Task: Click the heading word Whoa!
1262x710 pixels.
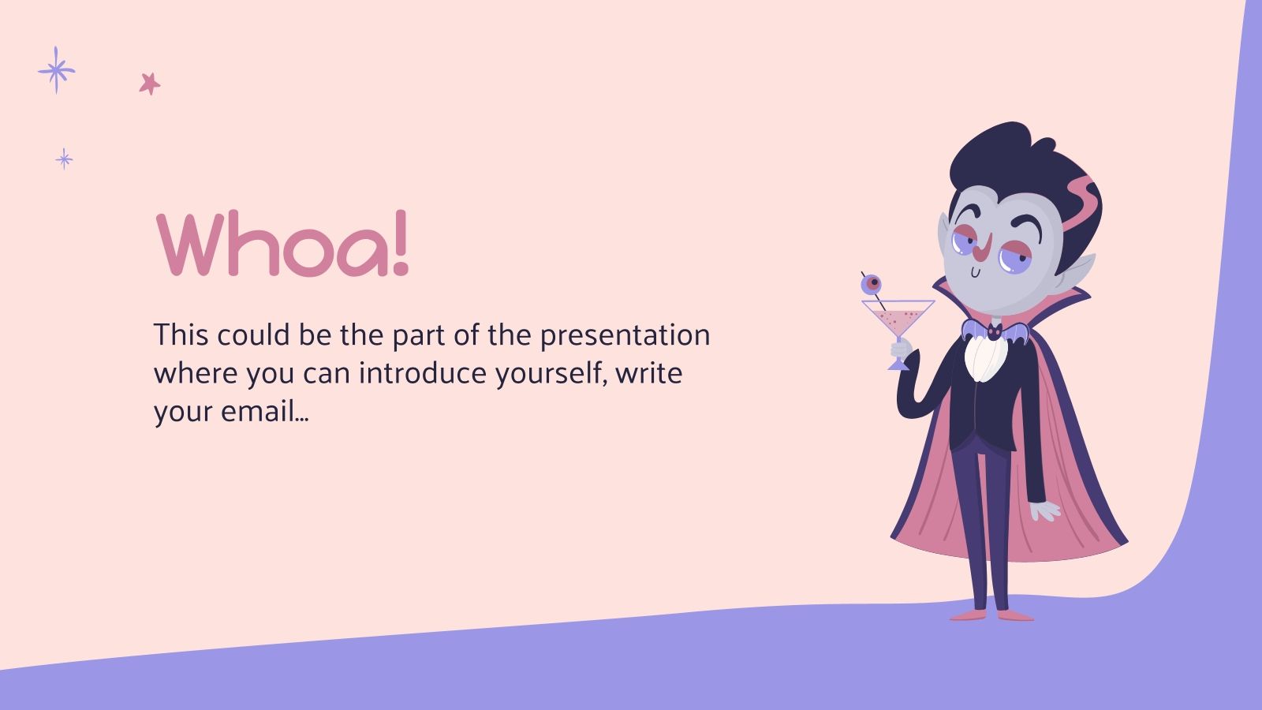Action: [x=282, y=245]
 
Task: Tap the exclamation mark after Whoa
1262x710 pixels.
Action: [x=401, y=245]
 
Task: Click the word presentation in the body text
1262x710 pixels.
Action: [x=625, y=336]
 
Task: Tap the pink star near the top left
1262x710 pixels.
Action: [x=149, y=83]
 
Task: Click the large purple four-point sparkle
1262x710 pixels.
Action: [x=56, y=70]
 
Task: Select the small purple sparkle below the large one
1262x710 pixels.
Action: [x=64, y=159]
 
